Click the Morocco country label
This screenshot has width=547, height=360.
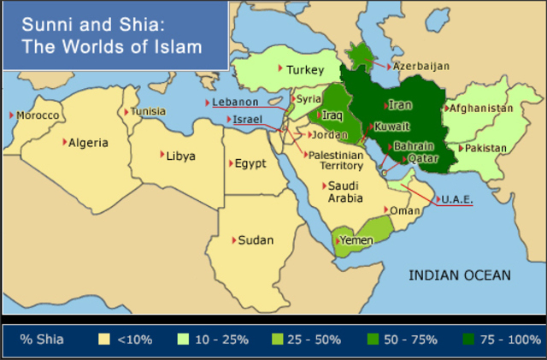[x=38, y=115]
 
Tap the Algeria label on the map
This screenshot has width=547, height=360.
[x=89, y=143]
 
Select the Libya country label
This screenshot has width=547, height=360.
[x=180, y=156]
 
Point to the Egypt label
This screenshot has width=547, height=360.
[x=250, y=163]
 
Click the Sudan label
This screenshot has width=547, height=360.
[x=256, y=240]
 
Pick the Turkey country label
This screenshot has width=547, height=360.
[x=306, y=70]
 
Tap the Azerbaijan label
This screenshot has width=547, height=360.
[x=420, y=66]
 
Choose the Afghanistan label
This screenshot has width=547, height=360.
[x=481, y=109]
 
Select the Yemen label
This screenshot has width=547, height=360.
[x=357, y=240]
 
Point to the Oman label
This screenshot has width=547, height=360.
[x=405, y=210]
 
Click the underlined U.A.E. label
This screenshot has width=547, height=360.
[x=457, y=199]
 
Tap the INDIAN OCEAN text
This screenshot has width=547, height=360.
[x=459, y=275]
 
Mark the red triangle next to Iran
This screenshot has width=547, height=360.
[x=385, y=106]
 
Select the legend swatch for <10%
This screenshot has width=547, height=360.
[x=105, y=339]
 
